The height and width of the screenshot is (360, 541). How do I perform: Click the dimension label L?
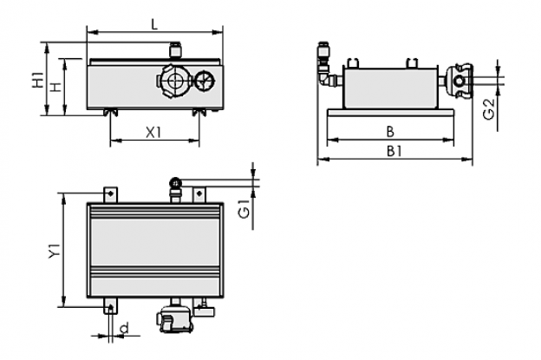click(153, 24)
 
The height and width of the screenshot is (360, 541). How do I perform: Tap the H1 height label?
click(38, 80)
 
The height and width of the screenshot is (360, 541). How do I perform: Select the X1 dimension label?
click(153, 132)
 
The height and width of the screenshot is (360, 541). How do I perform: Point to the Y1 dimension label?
click(54, 250)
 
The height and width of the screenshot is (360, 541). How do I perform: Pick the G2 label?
click(489, 109)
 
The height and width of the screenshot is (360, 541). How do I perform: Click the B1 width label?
click(394, 151)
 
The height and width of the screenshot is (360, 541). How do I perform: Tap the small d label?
click(125, 328)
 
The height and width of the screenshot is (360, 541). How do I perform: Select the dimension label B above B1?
click(390, 132)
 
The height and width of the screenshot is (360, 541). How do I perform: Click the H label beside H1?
click(55, 88)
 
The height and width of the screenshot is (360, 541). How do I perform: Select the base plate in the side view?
click(390, 113)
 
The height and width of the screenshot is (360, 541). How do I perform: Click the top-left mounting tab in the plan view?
click(110, 194)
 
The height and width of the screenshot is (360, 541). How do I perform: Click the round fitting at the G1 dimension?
click(176, 182)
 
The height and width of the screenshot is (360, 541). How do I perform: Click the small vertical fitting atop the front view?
click(175, 50)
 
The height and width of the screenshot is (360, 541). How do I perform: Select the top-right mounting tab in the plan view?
click(199, 194)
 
